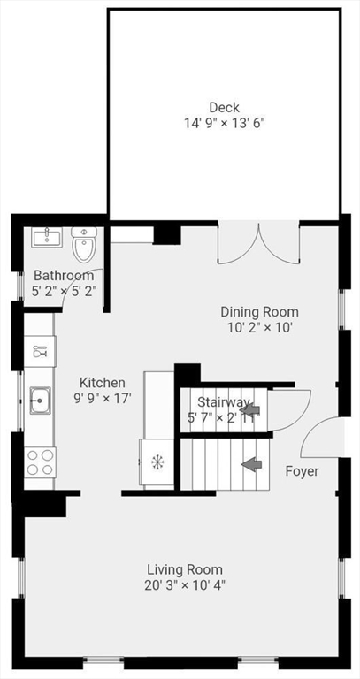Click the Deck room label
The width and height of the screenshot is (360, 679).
coord(224,107)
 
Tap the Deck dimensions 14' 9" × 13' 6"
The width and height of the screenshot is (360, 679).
coord(225,123)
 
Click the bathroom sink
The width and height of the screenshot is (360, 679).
coord(46,237)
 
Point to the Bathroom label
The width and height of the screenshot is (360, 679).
coord(64,276)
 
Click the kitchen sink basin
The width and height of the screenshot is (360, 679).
coord(40,401)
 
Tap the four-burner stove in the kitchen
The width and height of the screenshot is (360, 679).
coord(40,462)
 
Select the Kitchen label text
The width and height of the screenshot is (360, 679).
coord(103,383)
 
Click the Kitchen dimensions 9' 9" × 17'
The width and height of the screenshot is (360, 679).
coord(103,399)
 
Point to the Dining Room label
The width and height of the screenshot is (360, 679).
coord(259,312)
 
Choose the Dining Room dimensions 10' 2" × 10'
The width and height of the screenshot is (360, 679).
coord(259,327)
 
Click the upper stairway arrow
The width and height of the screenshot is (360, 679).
coord(249,408)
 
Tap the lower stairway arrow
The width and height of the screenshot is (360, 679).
coord(252,465)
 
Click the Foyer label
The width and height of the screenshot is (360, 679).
coord(302,471)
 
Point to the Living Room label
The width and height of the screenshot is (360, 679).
coord(185,569)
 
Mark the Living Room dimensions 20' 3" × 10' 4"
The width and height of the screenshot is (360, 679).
coord(185,585)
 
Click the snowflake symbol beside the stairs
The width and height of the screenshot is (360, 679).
coord(157,462)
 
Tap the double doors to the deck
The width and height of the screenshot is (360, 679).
coord(258,244)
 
